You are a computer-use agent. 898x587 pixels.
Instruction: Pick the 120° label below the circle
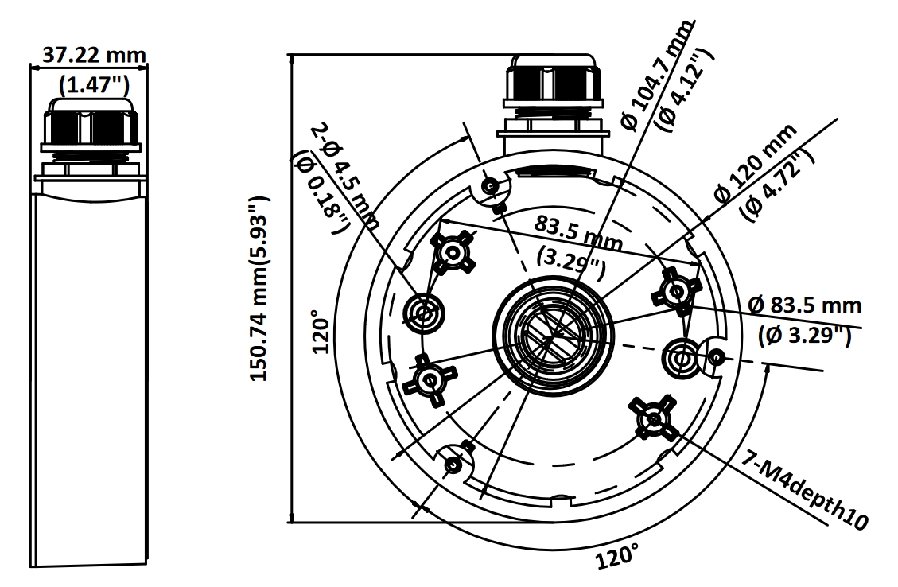(x=617, y=557)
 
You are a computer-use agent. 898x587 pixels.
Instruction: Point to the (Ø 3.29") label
(x=806, y=336)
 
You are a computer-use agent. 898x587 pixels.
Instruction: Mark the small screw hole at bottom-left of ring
(x=453, y=464)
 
